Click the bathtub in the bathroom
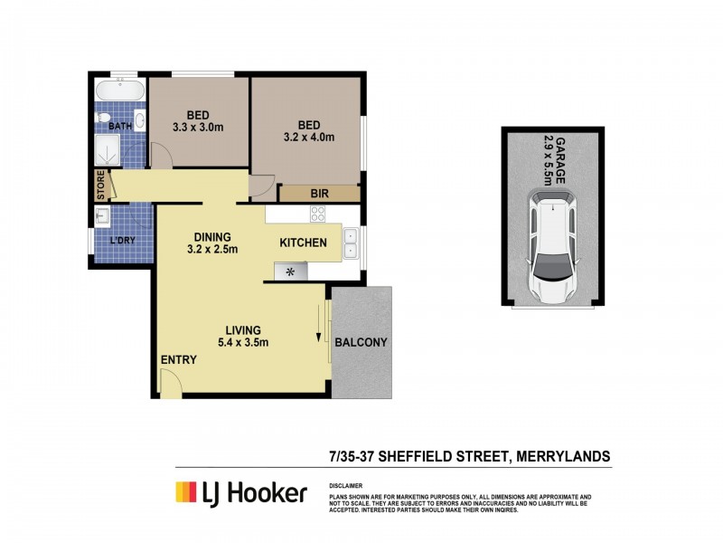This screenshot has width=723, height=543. [x=119, y=91]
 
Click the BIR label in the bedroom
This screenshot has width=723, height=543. [x=319, y=194]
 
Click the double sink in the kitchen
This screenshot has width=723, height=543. [x=350, y=242]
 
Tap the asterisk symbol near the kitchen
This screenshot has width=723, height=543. [x=291, y=271]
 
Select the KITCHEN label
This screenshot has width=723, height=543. [x=303, y=243]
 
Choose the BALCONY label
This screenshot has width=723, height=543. [x=361, y=343]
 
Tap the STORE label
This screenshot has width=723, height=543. [x=101, y=186]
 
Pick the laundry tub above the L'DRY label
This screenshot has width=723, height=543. [x=102, y=215]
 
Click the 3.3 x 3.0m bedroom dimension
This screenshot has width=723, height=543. [x=198, y=128]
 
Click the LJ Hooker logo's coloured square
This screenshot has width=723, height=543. [x=186, y=492]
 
